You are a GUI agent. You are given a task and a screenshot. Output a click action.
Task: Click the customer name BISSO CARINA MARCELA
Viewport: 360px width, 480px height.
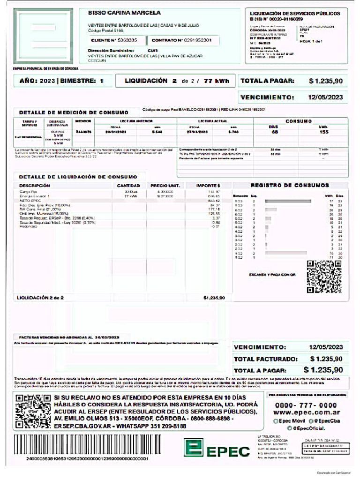[x=124, y=13]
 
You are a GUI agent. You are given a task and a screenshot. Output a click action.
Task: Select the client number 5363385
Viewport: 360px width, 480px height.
[x=127, y=40]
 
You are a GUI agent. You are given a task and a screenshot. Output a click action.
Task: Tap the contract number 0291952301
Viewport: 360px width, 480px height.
[x=198, y=40]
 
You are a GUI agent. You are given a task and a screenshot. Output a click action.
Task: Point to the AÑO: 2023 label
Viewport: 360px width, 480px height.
[x=37, y=81]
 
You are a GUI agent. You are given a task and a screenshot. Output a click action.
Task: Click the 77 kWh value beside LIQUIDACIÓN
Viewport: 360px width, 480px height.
[x=216, y=81]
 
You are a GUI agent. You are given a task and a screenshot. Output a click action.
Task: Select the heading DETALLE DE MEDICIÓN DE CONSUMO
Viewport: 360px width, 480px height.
[x=73, y=112]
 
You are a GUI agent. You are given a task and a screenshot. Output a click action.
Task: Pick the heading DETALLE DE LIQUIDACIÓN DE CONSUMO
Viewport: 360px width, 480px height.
[x=78, y=177]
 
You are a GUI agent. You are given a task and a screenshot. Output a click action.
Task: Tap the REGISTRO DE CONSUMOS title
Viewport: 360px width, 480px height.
[x=290, y=185]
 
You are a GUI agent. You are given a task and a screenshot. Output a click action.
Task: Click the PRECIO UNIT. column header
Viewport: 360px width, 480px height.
[x=165, y=186]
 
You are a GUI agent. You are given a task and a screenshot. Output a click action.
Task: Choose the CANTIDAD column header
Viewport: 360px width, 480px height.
[x=128, y=186]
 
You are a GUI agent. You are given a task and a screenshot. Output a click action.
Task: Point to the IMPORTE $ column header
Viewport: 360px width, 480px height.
[x=208, y=186]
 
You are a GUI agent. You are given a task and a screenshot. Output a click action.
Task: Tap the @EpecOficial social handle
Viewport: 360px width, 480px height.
[x=309, y=428]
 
